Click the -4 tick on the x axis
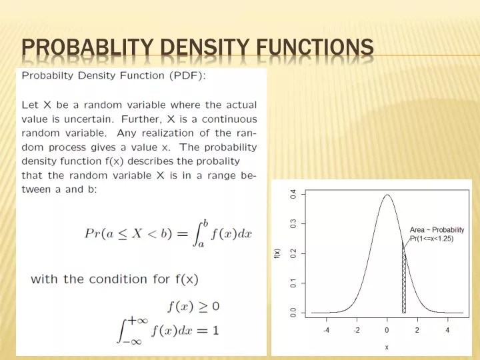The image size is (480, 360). (326, 330)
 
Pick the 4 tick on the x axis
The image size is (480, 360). (447, 330)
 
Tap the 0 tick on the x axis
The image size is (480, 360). (387, 330)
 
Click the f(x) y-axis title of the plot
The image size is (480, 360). (277, 253)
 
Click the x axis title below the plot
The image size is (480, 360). (387, 347)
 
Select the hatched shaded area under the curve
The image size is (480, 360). (403, 287)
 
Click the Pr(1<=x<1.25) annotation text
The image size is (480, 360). (431, 239)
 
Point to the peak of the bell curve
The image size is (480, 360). (387, 195)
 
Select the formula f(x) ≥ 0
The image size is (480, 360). (193, 306)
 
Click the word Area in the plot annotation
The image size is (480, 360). (417, 230)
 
